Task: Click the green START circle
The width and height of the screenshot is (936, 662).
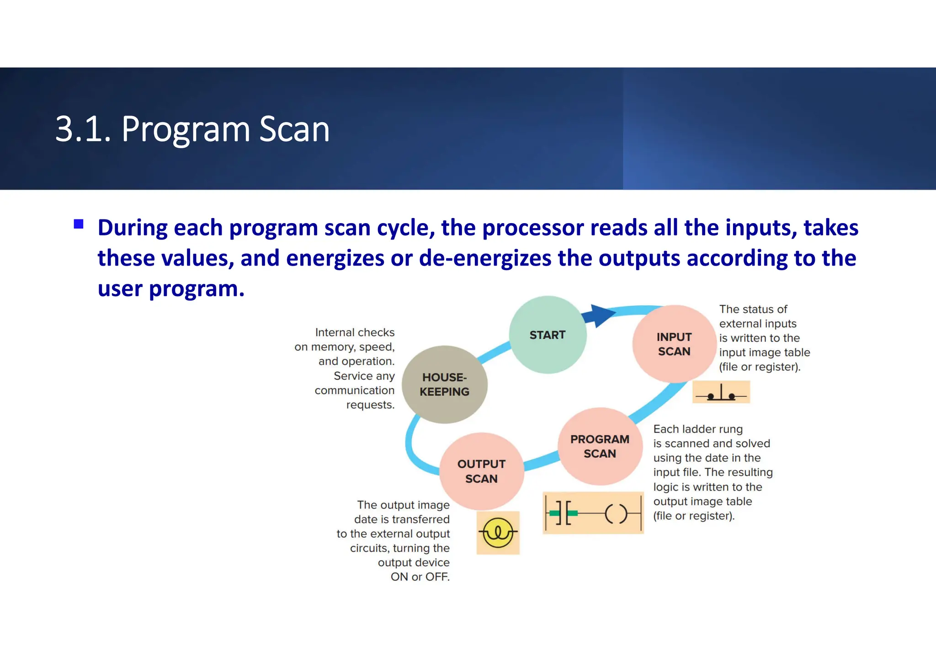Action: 548,335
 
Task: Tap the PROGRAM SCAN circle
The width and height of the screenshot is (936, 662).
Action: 600,446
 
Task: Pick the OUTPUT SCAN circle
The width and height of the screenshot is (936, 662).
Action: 481,471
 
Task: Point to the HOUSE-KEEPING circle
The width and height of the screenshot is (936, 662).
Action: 444,384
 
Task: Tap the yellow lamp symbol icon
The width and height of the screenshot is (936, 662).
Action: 498,533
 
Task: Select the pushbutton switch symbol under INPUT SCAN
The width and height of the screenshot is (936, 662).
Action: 721,392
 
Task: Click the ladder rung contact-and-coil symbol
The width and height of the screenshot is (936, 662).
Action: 593,513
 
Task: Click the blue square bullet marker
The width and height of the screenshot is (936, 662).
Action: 79,224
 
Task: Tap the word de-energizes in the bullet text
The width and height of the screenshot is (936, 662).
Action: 485,258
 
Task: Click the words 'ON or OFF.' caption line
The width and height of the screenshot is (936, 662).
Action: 420,577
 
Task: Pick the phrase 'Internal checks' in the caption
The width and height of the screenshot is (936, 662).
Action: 355,332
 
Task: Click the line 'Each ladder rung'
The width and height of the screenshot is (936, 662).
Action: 698,429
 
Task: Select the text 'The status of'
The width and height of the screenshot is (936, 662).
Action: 753,310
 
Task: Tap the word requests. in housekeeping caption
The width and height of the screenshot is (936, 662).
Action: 370,405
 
